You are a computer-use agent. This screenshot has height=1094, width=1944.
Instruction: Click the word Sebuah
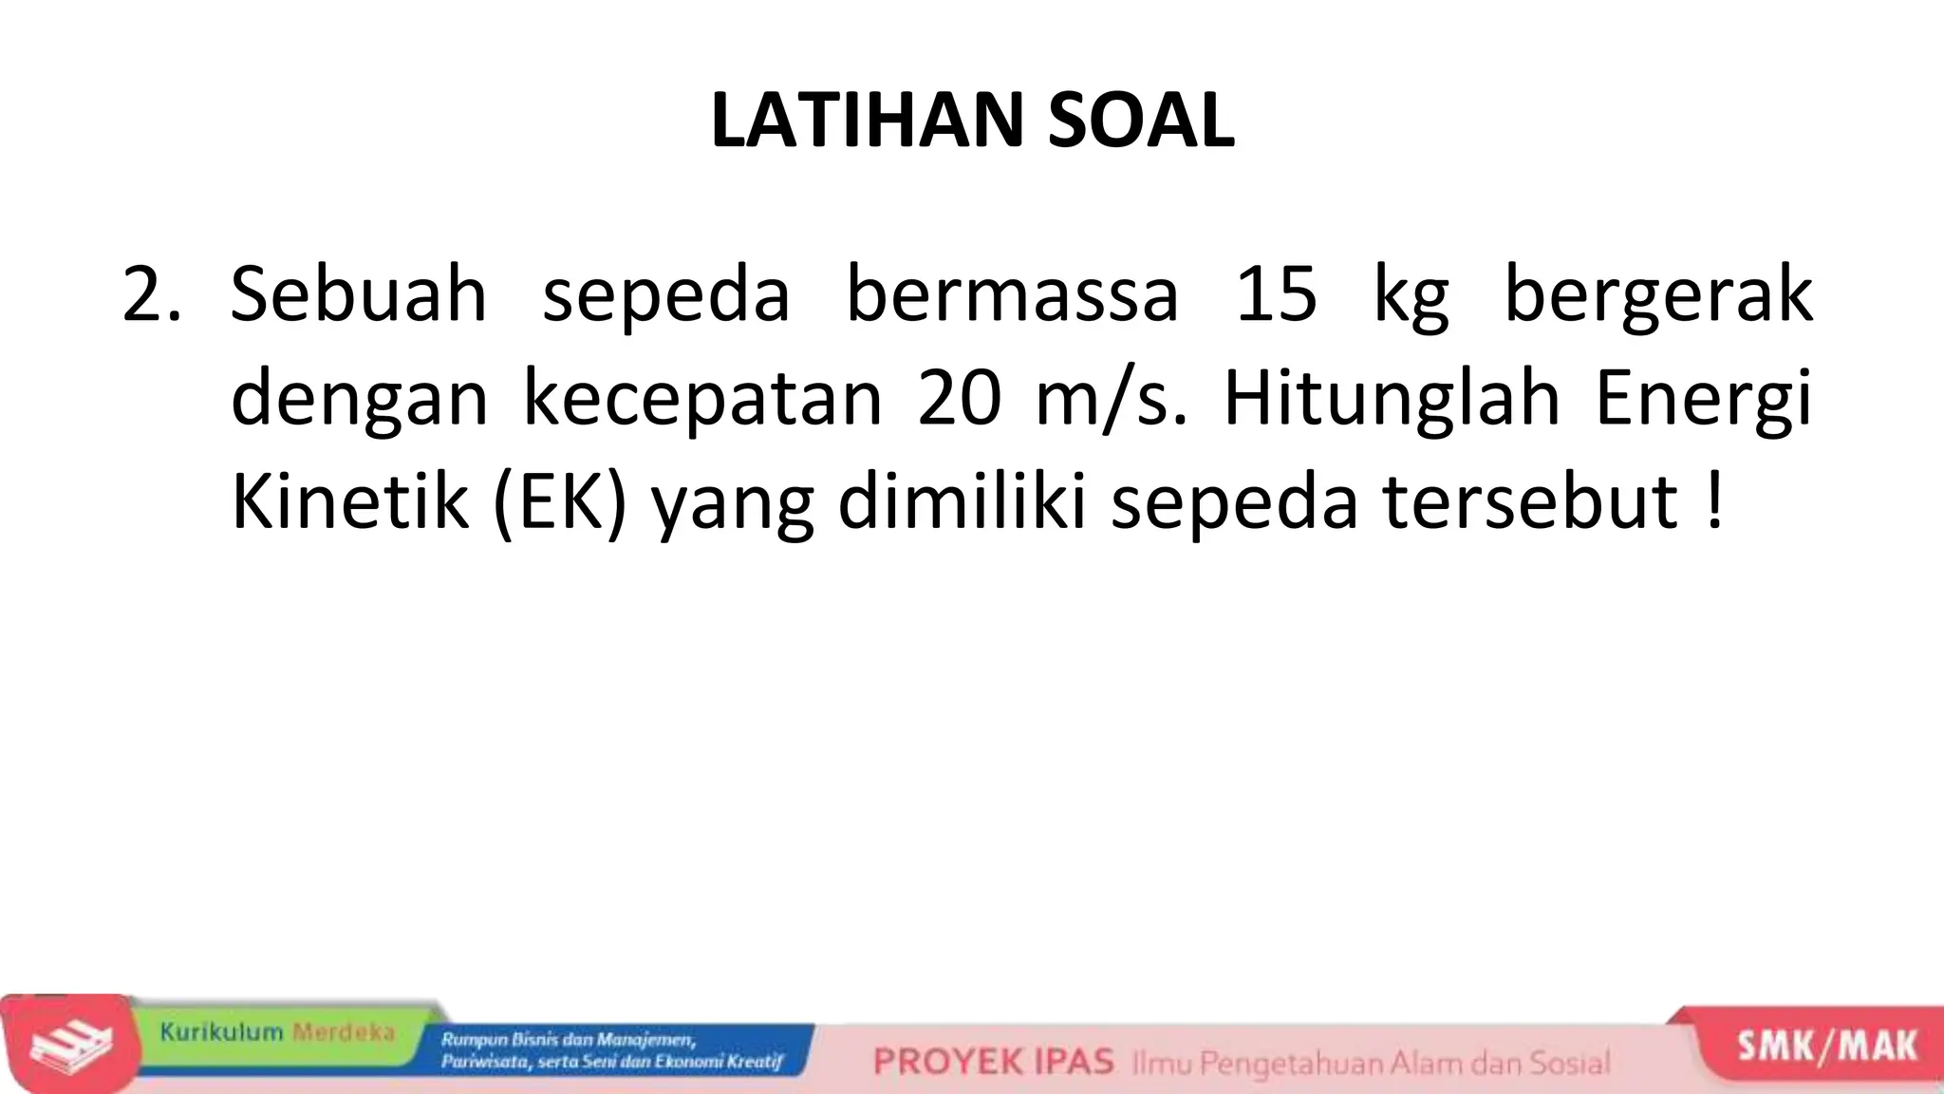359,294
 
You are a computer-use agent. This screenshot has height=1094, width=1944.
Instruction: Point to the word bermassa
1012,294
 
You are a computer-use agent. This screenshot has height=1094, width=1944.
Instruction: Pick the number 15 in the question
1276,294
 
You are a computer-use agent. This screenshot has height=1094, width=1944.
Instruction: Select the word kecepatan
702,399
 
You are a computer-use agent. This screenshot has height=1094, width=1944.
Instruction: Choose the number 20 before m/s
959,399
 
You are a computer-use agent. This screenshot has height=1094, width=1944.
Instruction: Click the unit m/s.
1110,399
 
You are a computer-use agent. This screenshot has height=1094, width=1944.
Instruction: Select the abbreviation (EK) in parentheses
560,503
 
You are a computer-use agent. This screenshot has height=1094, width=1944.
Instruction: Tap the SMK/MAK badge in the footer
1826,1046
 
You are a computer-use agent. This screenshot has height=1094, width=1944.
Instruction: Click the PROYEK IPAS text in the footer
993,1061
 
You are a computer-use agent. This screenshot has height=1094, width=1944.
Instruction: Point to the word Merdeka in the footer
344,1032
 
